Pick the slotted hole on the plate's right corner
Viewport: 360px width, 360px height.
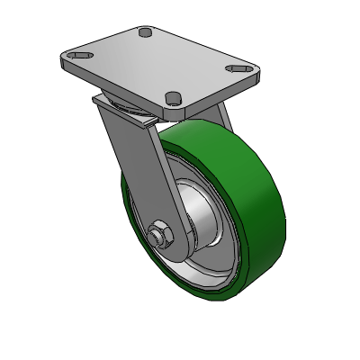point(238,68)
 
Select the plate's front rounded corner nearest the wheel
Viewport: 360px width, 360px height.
point(179,110)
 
